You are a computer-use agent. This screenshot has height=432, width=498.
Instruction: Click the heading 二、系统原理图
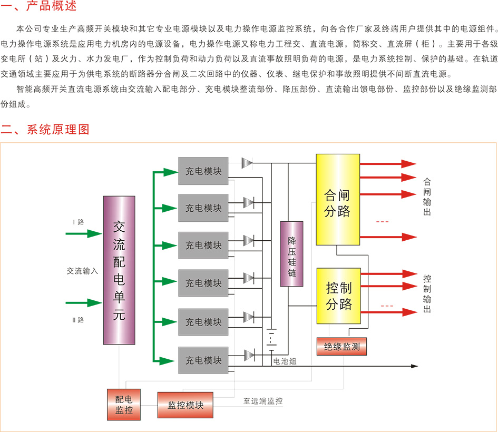tap(46, 130)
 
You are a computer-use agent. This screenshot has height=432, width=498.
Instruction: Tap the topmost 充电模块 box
tap(203, 171)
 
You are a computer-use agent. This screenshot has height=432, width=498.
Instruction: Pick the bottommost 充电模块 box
tap(203, 360)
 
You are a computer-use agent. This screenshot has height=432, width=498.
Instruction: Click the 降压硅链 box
tap(291, 254)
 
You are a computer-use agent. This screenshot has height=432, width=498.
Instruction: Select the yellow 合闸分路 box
tap(338, 200)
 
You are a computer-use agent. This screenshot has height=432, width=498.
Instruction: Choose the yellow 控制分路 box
tap(338, 296)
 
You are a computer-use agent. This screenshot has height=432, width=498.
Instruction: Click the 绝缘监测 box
tap(341, 346)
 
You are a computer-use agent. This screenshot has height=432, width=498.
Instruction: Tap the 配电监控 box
tap(124, 405)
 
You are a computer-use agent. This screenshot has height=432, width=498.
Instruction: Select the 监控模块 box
tap(185, 405)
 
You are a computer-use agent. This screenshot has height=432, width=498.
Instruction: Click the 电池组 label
tap(285, 361)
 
